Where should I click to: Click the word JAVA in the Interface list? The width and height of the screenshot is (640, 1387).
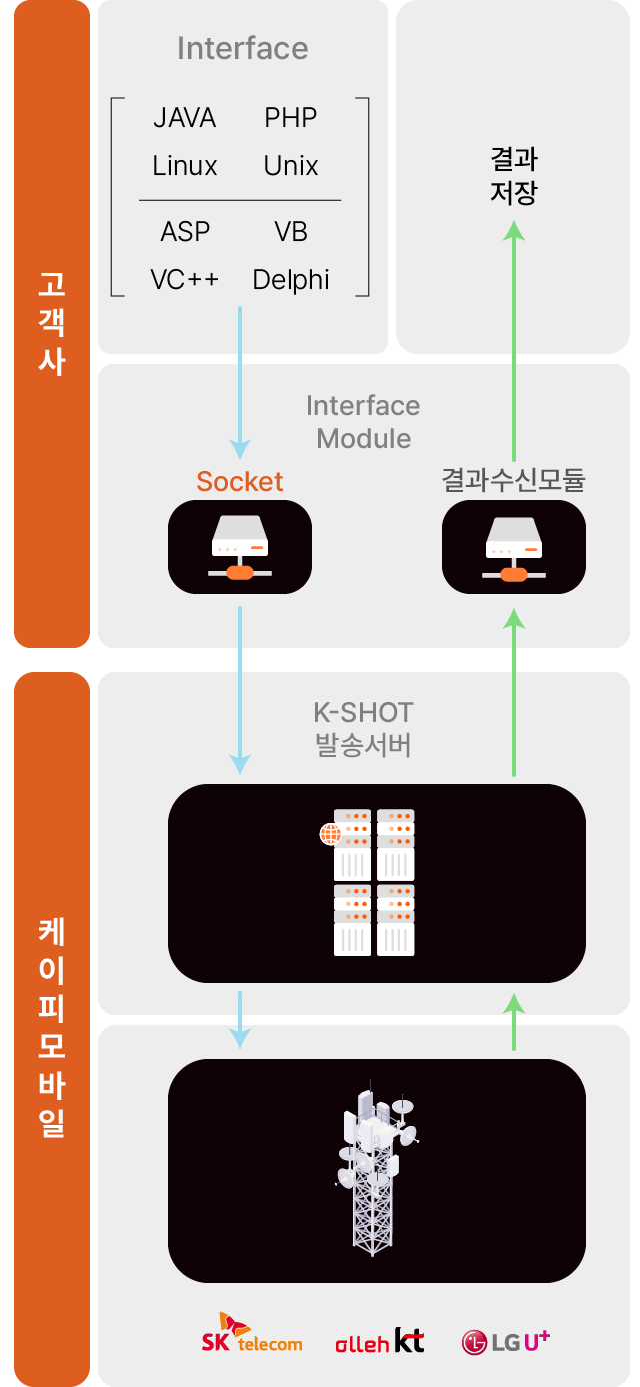point(184,118)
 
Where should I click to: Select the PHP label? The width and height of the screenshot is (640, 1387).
point(290,118)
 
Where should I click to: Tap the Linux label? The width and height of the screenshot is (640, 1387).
point(185,166)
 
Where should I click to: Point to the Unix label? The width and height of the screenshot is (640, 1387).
point(291,166)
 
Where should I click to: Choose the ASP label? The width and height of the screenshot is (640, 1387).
point(185,232)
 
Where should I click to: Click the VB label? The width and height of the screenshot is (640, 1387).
point(291,232)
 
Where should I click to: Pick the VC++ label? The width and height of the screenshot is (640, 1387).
point(185,280)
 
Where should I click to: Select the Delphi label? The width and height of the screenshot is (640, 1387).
point(291,280)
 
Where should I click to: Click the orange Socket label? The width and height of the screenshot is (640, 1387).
point(240,482)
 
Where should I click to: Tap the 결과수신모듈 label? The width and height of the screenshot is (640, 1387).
point(513,482)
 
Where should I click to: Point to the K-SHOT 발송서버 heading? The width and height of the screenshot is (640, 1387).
point(363,729)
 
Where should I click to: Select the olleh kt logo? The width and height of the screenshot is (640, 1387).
point(379,1341)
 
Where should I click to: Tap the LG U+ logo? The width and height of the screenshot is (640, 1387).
point(506,1341)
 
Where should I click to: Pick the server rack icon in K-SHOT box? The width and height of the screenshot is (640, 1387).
point(373,881)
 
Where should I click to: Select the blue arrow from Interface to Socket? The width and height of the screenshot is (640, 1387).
point(240,380)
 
